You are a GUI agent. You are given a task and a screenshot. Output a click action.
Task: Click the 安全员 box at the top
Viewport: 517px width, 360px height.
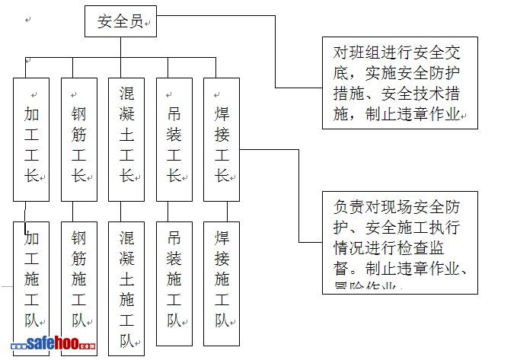coord(120,22)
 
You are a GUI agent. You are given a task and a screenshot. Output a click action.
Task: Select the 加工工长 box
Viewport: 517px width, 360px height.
coord(31,139)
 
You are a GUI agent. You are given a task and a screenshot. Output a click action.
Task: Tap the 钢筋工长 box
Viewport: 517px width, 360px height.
coord(79,139)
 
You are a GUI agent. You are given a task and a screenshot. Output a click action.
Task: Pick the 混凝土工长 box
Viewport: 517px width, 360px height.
coord(126,139)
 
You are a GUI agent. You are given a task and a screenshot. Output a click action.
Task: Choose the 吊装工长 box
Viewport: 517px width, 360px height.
coord(174,139)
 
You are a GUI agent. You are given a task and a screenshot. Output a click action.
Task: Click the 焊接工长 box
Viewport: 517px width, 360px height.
coord(222,139)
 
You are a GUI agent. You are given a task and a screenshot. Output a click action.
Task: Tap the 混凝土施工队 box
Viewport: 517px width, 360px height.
coord(126,288)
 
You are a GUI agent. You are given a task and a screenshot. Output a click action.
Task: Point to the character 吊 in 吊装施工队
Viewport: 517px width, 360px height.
coord(174,237)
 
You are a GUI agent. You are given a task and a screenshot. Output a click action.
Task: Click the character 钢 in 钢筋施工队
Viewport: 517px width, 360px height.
coord(79,237)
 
